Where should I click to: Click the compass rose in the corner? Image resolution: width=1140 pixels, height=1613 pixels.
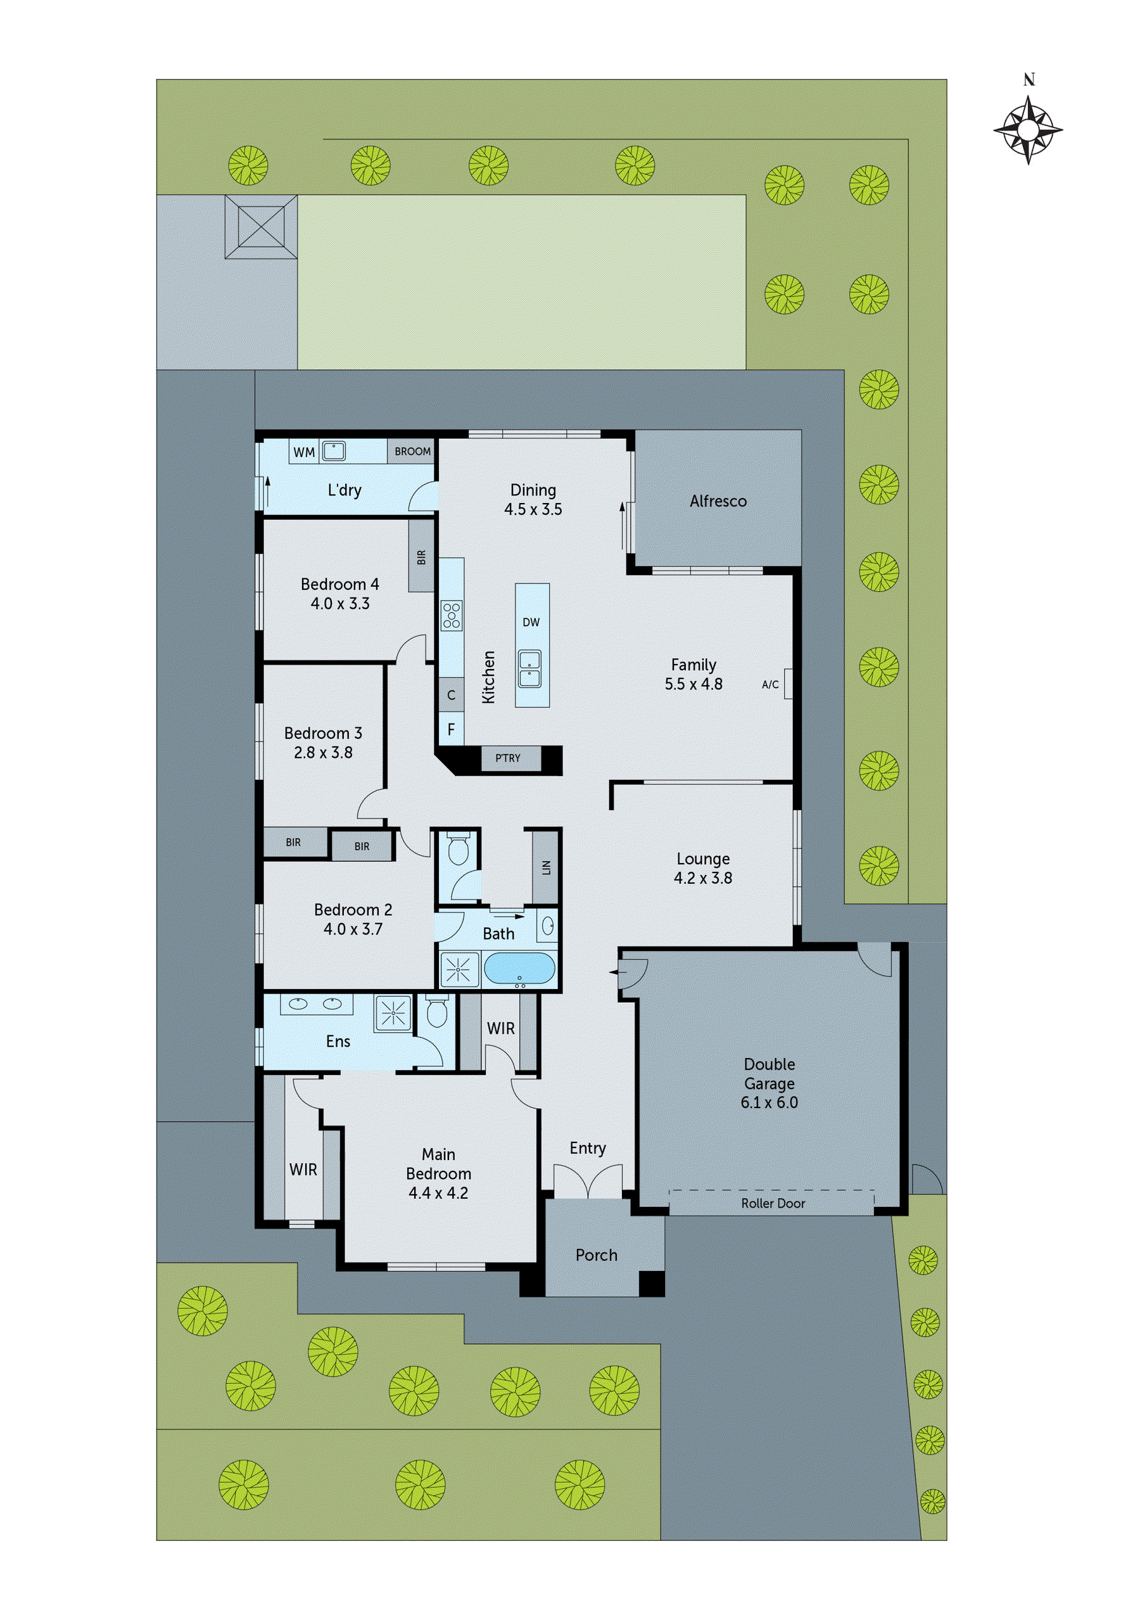tap(1028, 130)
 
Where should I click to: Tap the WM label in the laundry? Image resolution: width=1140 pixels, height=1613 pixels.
tap(303, 452)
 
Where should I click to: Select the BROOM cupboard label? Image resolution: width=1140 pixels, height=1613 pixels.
tap(412, 452)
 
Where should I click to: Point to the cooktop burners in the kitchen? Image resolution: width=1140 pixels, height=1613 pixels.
tap(451, 615)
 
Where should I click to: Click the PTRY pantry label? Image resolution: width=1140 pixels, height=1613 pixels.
tap(507, 758)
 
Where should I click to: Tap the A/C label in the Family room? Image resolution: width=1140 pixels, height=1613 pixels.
tap(770, 684)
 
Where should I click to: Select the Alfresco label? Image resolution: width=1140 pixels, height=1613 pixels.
tap(717, 502)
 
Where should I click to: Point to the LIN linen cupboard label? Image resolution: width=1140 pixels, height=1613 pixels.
tap(546, 867)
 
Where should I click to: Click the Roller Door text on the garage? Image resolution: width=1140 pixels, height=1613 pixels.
tap(773, 1204)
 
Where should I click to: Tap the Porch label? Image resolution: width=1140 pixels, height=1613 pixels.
tap(597, 1254)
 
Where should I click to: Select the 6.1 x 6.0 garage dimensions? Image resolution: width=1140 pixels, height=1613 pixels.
tap(769, 1102)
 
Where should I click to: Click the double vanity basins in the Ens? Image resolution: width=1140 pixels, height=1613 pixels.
tap(316, 1004)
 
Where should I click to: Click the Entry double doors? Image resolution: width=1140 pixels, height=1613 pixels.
tap(588, 1181)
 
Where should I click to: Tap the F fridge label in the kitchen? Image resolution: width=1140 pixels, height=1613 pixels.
tap(451, 729)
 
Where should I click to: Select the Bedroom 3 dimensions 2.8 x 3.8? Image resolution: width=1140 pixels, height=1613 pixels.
tap(323, 753)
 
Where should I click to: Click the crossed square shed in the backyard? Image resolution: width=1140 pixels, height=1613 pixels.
tap(260, 227)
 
